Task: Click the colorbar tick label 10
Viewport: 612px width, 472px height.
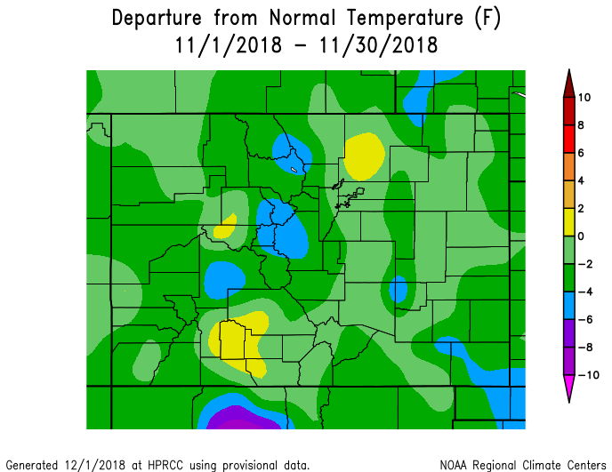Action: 584,98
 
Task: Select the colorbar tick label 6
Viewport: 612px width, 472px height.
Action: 580,153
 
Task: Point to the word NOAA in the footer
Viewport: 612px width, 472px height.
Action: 454,465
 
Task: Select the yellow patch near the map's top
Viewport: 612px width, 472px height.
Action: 363,154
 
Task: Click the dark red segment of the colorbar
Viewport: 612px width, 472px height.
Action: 568,98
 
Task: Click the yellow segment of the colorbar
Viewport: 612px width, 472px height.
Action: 568,222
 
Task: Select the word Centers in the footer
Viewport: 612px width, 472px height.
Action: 584,465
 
